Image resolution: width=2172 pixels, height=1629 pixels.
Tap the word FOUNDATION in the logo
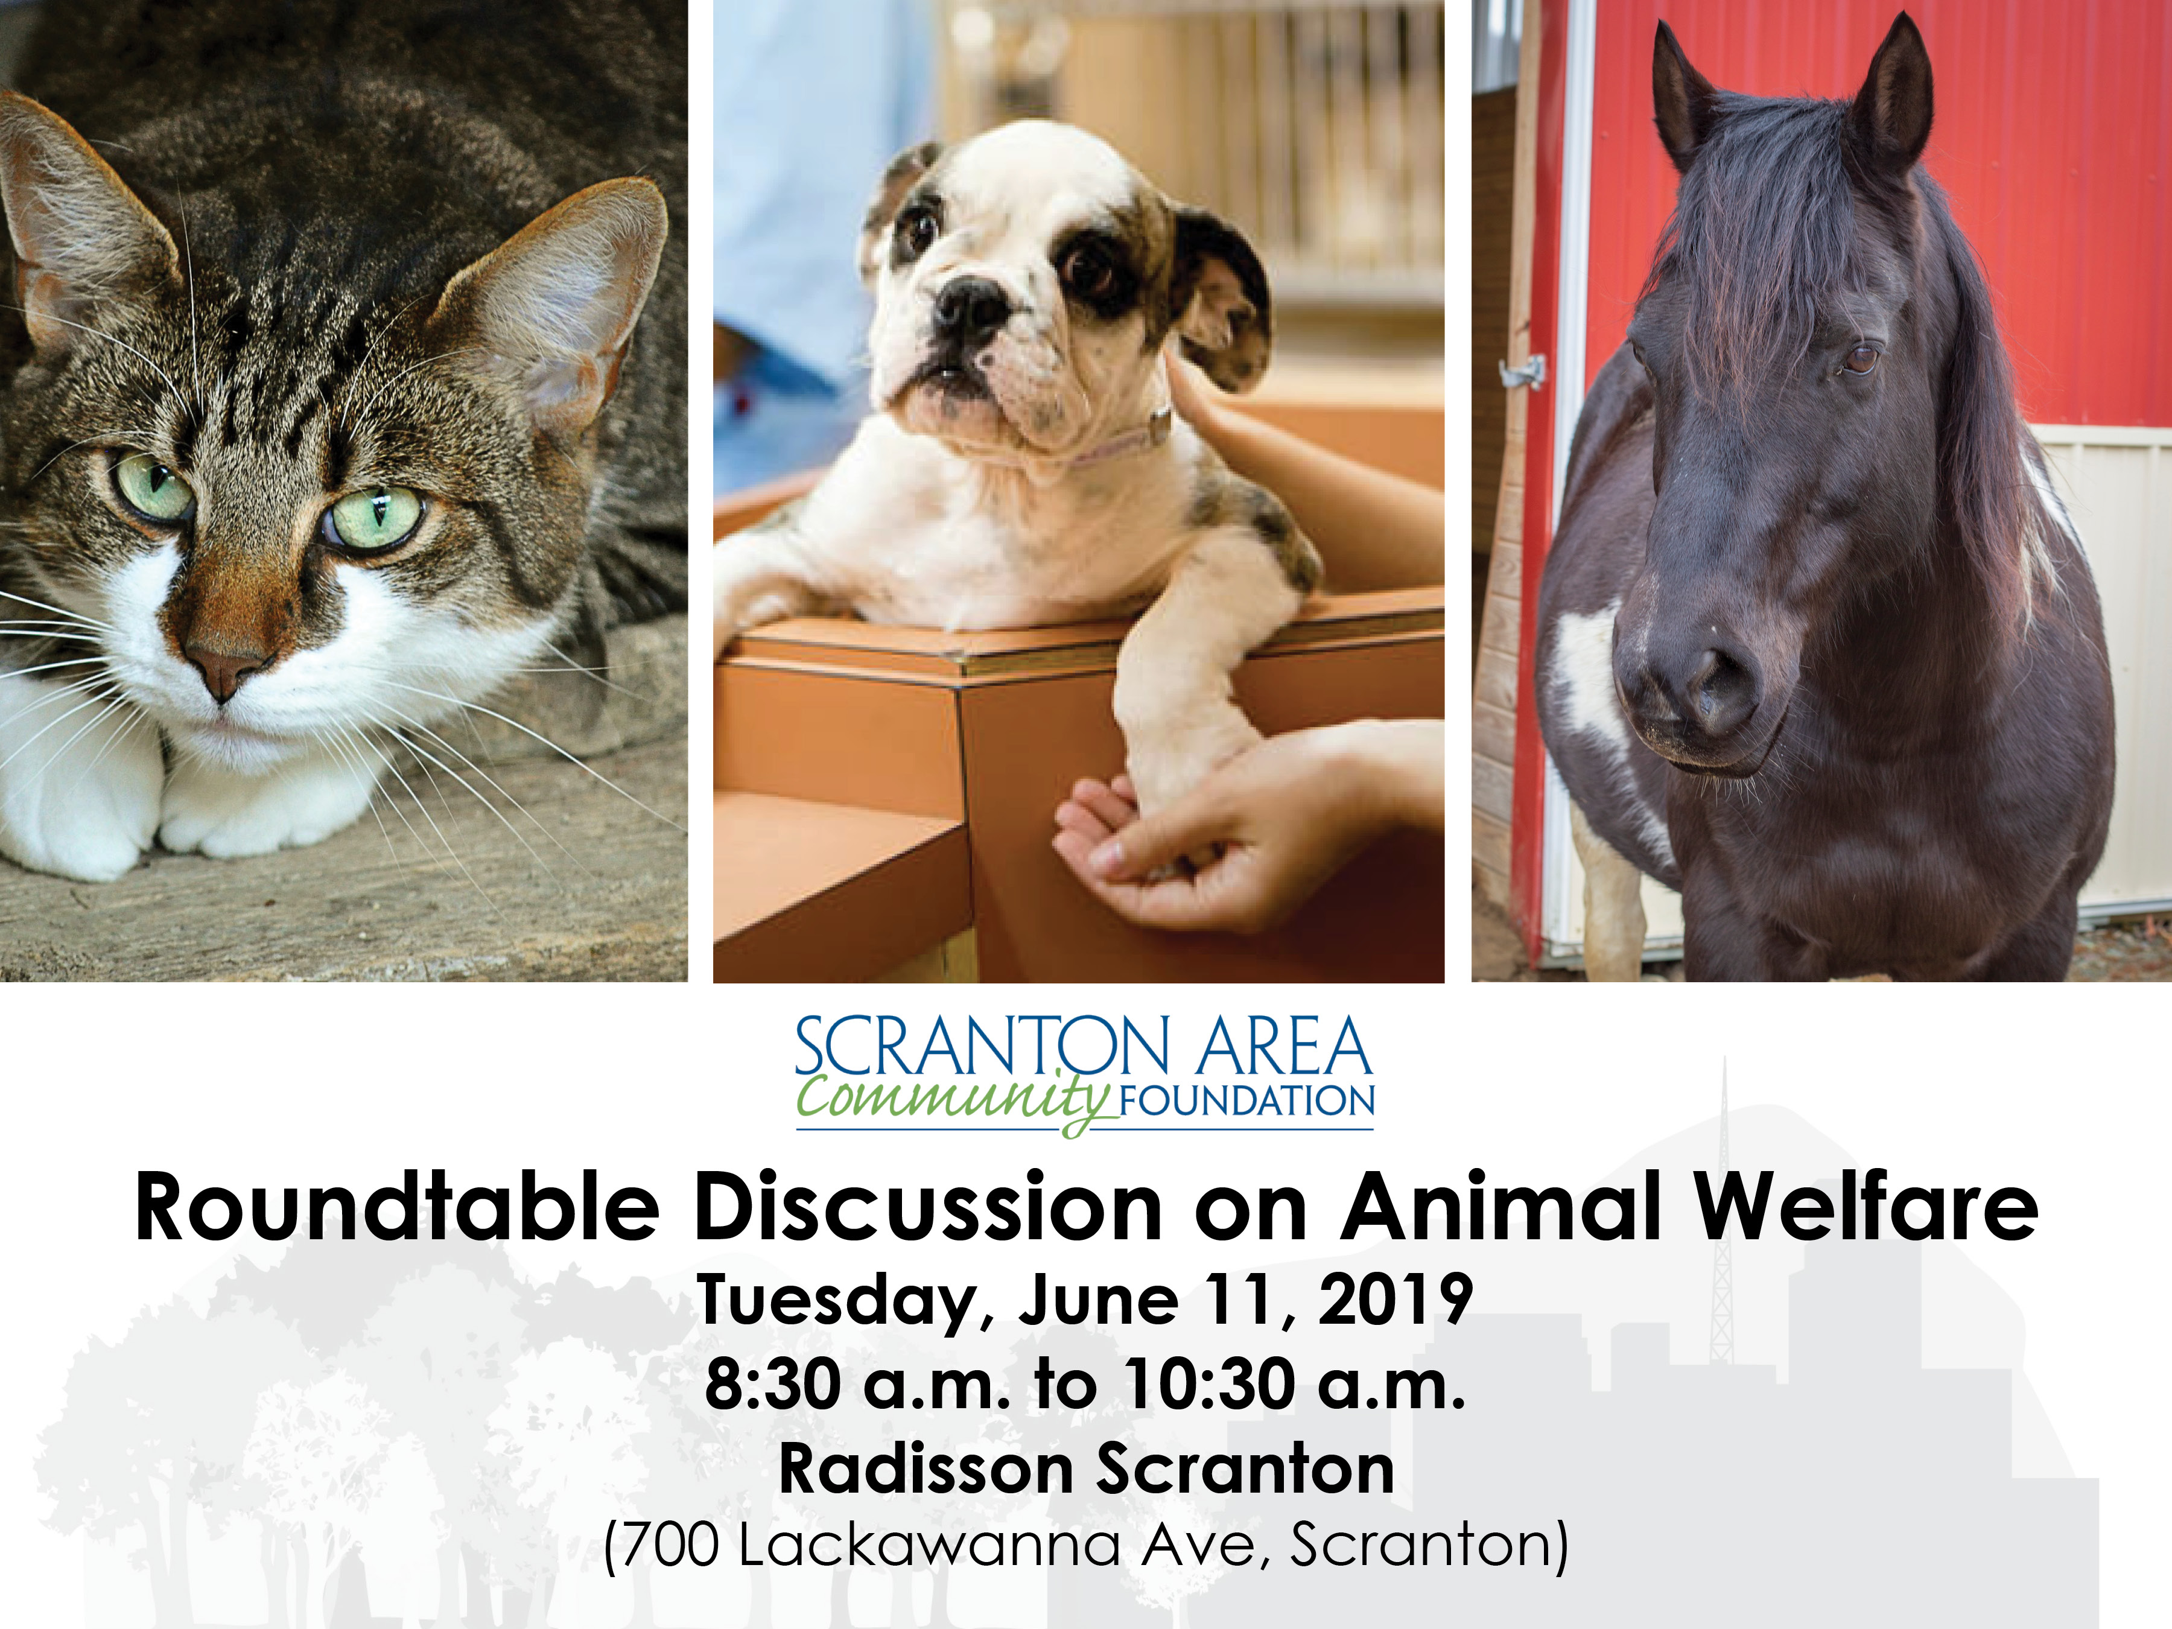pos(1247,1100)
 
